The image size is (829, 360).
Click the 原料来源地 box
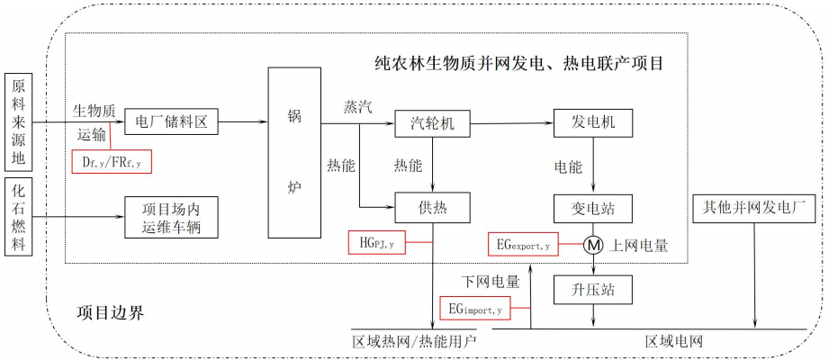point(19,121)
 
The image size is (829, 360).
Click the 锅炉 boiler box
point(294,151)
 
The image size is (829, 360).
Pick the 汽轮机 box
point(434,122)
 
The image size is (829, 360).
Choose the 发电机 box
point(590,122)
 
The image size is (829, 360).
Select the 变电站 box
point(590,209)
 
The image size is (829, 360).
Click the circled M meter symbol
point(592,244)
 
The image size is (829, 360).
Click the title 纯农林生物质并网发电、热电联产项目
point(519,64)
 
